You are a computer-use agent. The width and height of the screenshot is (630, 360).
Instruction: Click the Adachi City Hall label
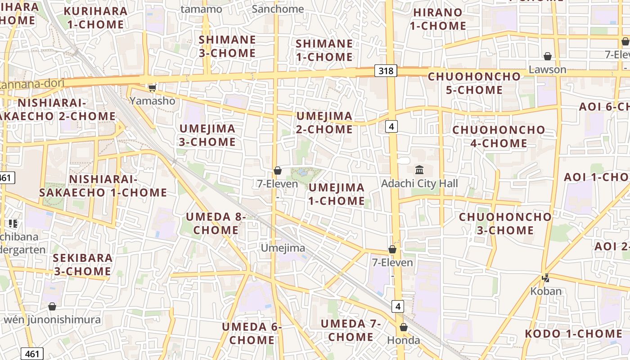click(419, 184)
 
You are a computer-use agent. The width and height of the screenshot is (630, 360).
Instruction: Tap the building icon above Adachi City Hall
click(419, 170)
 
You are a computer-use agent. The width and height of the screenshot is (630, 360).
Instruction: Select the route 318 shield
click(386, 71)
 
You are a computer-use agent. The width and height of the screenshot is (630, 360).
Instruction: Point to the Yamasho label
click(153, 101)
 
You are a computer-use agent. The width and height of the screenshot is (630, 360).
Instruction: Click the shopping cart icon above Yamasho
click(153, 88)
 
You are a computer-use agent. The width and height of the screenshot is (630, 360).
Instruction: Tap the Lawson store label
click(547, 70)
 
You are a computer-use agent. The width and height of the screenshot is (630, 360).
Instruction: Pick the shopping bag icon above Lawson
click(548, 56)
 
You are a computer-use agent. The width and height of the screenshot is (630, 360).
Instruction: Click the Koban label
click(546, 291)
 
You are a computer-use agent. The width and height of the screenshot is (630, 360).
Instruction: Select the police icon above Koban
click(546, 278)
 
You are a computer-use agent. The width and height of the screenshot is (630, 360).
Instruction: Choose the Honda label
click(404, 340)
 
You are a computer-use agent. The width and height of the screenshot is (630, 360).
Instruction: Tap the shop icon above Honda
click(404, 327)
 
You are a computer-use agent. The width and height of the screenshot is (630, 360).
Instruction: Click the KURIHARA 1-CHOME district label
click(95, 18)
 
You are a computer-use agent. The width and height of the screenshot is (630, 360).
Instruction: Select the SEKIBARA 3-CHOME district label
click(83, 265)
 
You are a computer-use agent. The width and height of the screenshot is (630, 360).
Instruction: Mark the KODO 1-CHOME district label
click(574, 334)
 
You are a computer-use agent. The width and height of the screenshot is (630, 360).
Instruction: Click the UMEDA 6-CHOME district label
click(252, 333)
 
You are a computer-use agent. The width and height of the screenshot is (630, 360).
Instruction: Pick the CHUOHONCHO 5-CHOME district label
click(474, 83)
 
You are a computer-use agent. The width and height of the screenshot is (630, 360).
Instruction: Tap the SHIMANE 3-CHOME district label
click(227, 46)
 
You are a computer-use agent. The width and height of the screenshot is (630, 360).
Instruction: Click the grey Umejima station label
click(283, 248)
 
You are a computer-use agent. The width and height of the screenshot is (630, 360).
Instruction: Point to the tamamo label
click(201, 9)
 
